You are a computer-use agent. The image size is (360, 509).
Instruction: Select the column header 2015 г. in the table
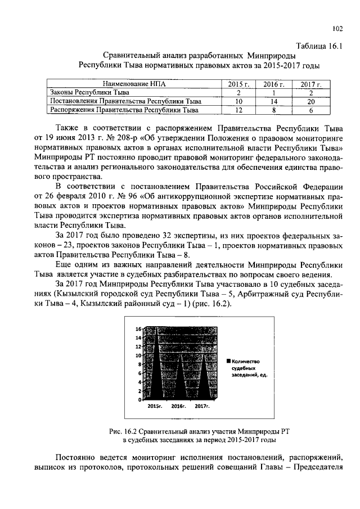[238, 84]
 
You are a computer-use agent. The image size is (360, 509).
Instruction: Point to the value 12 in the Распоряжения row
[238, 110]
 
